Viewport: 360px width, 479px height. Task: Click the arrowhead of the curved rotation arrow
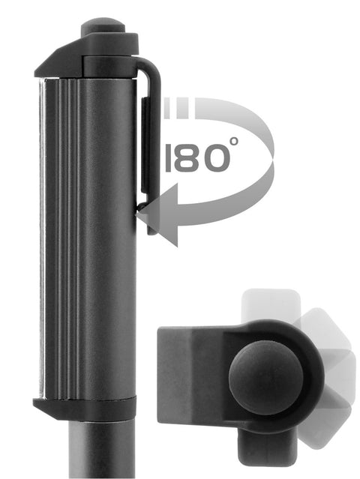[157, 218]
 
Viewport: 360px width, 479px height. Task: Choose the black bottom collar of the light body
[84, 409]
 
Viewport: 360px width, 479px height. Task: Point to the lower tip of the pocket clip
[151, 228]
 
